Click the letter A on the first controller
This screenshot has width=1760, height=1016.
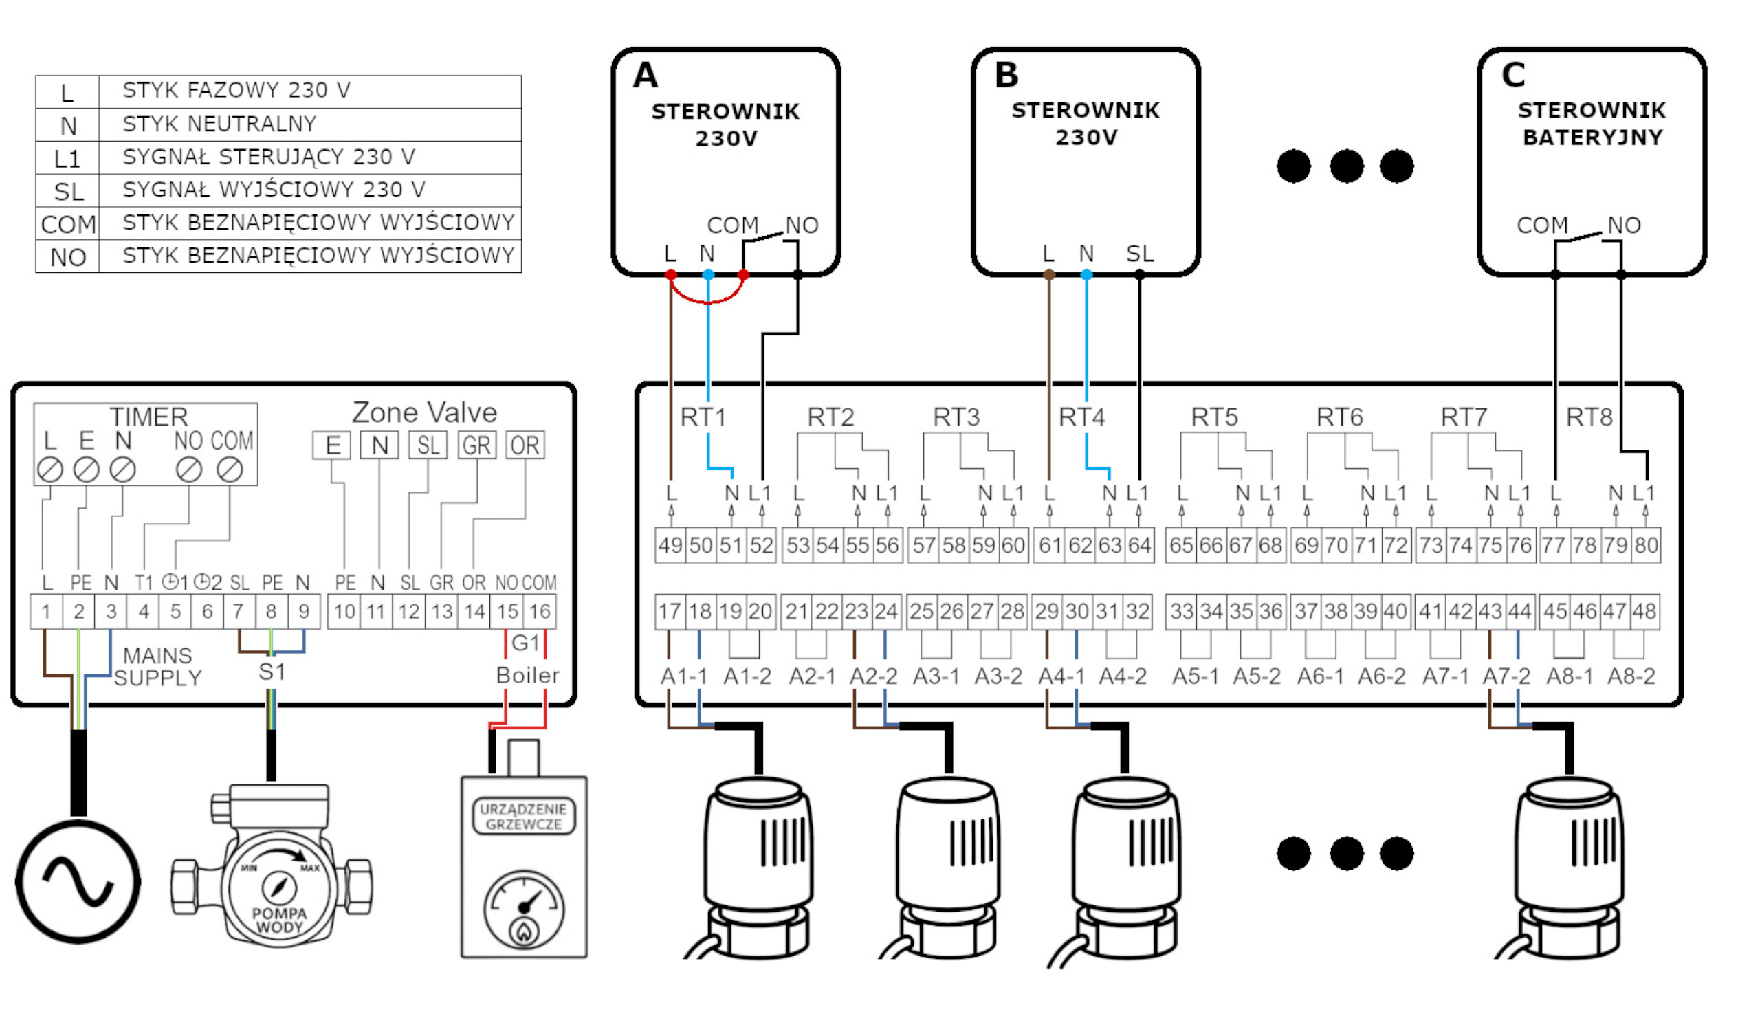(x=646, y=76)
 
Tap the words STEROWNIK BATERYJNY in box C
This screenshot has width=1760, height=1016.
(x=1592, y=124)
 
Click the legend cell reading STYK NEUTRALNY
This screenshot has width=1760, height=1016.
(x=219, y=124)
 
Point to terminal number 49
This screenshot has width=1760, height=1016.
(x=670, y=545)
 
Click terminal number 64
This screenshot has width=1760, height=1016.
(x=1139, y=545)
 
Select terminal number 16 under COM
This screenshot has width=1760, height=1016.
(x=540, y=612)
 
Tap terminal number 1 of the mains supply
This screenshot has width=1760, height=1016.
(x=46, y=612)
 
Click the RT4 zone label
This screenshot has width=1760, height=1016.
(x=1081, y=417)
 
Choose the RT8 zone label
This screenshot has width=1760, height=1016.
(x=1589, y=417)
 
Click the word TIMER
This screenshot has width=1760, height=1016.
(x=148, y=417)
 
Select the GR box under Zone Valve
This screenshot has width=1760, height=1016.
(x=476, y=445)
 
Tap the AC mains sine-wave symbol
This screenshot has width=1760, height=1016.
(x=78, y=882)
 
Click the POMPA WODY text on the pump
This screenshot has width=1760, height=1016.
(x=279, y=920)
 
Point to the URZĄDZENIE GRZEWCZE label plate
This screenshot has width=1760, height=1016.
(x=523, y=817)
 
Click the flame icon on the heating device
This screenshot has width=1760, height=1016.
(x=523, y=930)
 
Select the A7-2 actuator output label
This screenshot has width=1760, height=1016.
(x=1506, y=676)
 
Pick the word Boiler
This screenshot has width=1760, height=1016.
(x=527, y=676)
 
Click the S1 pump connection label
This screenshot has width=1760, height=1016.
(x=272, y=672)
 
